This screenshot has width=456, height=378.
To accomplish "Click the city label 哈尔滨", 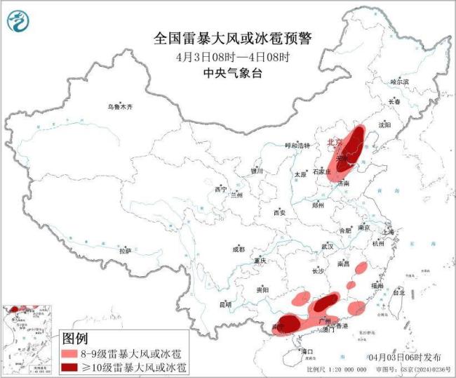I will [x=398, y=82].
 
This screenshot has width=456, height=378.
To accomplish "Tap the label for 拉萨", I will [x=126, y=250].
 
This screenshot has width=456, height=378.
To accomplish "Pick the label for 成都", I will [x=239, y=249].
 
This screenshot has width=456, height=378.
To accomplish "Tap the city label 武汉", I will [x=328, y=247].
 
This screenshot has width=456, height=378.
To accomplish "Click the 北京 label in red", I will [x=335, y=143].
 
